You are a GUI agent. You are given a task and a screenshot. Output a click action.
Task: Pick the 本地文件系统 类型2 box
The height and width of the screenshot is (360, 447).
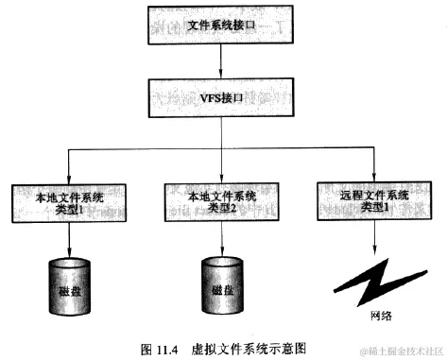click(222, 202)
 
